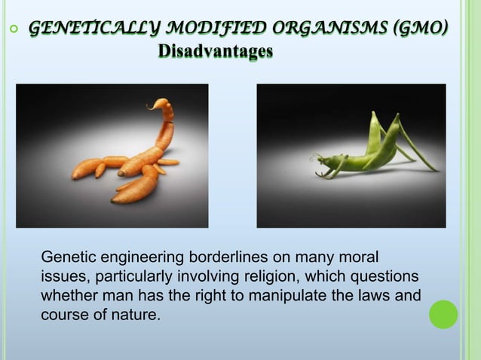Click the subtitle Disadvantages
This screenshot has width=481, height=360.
pyautogui.click(x=216, y=53)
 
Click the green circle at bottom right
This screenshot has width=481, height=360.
pyautogui.click(x=443, y=315)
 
